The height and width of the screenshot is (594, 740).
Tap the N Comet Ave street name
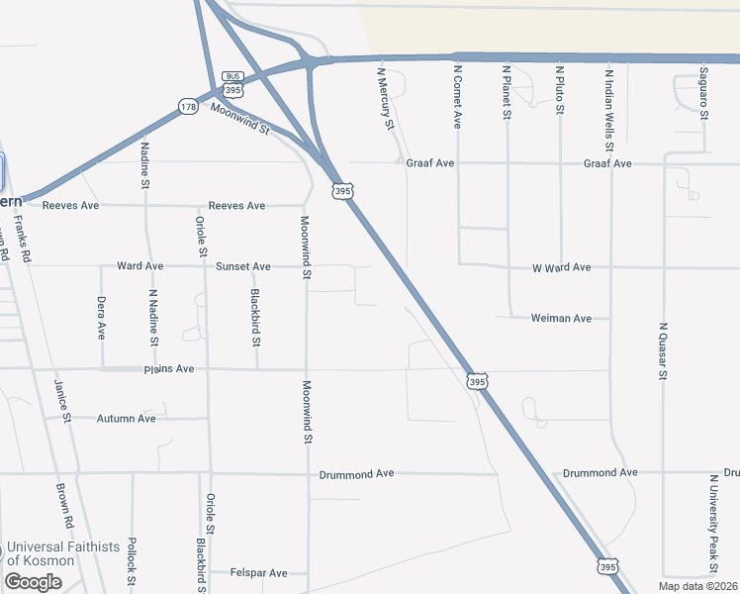[x=458, y=98]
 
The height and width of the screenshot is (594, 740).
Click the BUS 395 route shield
[x=233, y=84]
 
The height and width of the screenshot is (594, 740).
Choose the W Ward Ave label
[x=561, y=267]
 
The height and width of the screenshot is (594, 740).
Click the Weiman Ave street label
[x=561, y=318]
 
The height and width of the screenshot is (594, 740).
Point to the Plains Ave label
[x=169, y=369]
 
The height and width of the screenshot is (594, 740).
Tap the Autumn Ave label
[x=126, y=419]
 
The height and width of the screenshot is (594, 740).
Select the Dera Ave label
[x=102, y=318]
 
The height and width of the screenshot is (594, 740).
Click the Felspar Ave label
[x=258, y=573]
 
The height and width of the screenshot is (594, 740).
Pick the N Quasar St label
[x=664, y=350]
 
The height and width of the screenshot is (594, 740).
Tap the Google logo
[x=33, y=582]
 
